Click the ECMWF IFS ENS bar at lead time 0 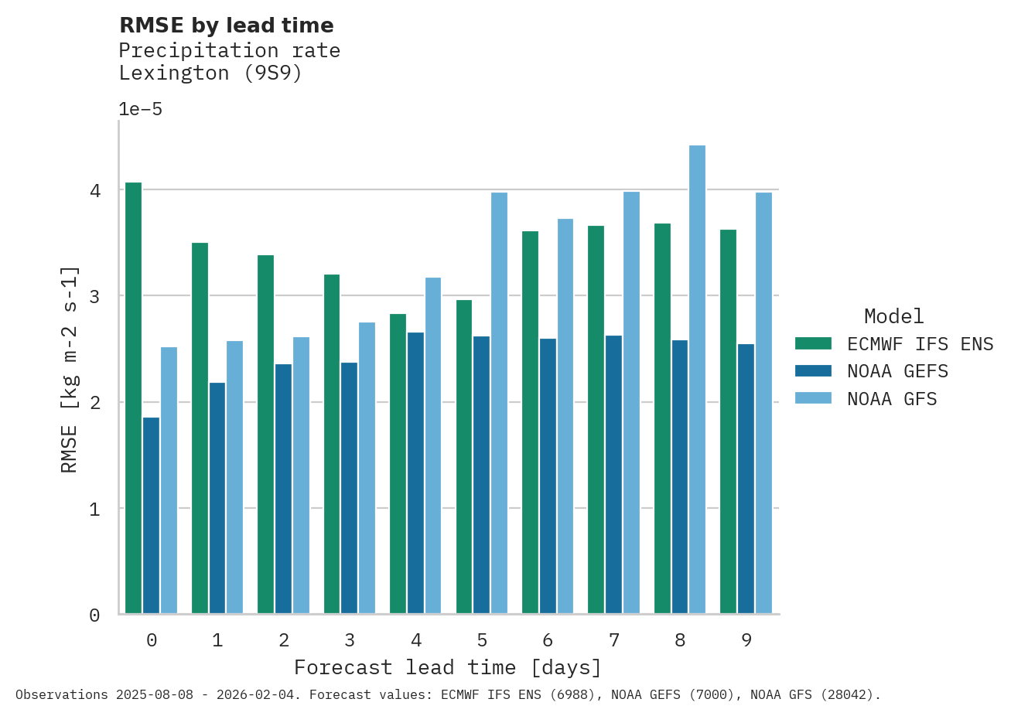click(x=133, y=398)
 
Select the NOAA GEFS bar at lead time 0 click(x=151, y=516)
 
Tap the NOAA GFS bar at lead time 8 click(x=697, y=380)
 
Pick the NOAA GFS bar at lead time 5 click(x=499, y=403)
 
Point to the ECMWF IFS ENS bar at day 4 click(x=398, y=464)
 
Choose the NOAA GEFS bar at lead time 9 click(x=746, y=479)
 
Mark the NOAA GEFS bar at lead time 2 click(x=283, y=489)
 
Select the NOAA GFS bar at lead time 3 click(x=367, y=468)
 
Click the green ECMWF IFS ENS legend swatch click(x=813, y=343)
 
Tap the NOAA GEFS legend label click(x=897, y=371)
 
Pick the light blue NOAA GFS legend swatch click(x=813, y=398)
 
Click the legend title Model click(x=893, y=316)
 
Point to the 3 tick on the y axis click(x=95, y=296)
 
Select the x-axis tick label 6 click(x=548, y=640)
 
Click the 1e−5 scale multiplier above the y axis click(x=140, y=109)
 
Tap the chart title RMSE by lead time click(x=227, y=26)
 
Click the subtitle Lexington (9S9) click(x=210, y=73)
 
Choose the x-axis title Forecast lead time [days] click(x=447, y=667)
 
